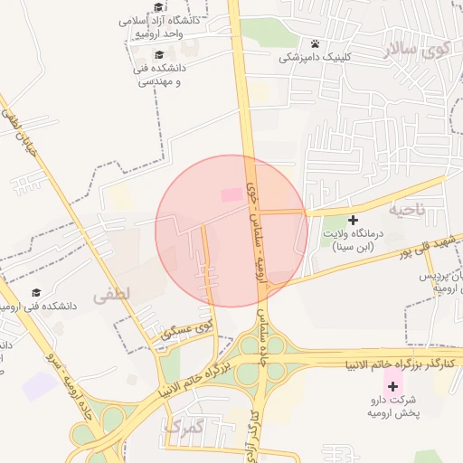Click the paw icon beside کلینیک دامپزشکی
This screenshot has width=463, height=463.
315,43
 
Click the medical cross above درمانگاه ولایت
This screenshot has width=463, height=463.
353,220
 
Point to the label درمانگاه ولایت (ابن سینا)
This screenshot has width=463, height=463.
356,239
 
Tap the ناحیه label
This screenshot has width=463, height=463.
406,209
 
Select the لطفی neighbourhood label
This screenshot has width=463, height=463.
111,294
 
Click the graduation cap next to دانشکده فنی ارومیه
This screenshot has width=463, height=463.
36,292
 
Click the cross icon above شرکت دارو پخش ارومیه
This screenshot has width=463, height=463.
392,386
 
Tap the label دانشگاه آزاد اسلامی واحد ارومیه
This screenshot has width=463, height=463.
172,25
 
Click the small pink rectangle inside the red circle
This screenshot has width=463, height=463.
232,194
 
